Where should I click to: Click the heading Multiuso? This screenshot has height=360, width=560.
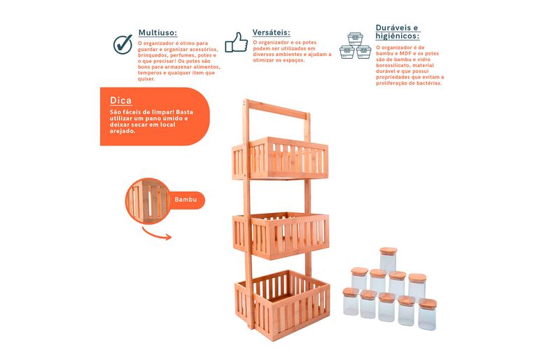click(157, 33)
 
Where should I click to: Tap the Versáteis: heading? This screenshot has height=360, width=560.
click(271, 32)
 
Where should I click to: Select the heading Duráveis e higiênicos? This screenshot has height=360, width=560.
click(397, 32)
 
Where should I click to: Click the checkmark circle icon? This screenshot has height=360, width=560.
click(123, 44)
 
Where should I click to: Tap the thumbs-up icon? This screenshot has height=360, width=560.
click(237, 43)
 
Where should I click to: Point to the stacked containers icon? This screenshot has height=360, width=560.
click(355, 46)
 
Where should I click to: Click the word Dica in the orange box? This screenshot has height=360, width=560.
click(120, 100)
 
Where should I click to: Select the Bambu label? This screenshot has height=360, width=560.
click(185, 200)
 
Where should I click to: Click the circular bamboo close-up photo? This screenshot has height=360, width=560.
click(148, 200)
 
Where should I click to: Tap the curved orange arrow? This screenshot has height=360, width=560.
click(155, 235)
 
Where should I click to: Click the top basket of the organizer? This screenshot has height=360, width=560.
click(280, 158)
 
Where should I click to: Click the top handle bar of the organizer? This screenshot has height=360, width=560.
click(277, 110)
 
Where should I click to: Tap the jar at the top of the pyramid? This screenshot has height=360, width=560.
click(388, 259)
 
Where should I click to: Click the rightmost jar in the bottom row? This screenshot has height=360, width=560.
click(427, 314)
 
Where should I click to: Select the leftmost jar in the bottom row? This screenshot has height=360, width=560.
click(351, 302)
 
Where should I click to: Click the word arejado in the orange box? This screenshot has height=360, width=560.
click(122, 131)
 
